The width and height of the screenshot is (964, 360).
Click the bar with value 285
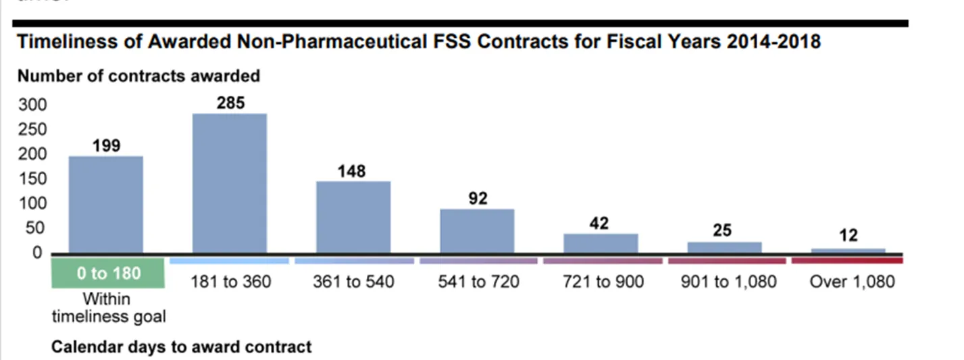(230, 184)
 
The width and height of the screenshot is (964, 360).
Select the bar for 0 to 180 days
(106, 205)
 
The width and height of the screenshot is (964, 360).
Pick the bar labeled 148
(353, 217)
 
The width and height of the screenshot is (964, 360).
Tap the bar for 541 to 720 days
(477, 231)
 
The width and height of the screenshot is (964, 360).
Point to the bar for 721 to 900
(601, 243)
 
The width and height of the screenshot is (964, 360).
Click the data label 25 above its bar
(722, 230)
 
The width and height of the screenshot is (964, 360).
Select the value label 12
(848, 236)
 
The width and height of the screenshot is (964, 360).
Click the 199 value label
(106, 145)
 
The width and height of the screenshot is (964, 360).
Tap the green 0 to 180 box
(108, 274)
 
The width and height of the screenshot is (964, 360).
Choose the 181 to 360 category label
(230, 282)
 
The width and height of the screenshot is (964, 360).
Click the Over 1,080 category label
(852, 282)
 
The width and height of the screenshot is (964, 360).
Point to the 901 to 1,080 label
(729, 282)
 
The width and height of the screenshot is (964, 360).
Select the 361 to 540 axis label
(353, 282)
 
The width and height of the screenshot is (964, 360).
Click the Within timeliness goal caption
(108, 307)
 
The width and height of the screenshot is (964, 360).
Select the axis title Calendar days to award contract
(182, 347)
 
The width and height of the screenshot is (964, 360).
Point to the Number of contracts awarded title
(138, 76)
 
